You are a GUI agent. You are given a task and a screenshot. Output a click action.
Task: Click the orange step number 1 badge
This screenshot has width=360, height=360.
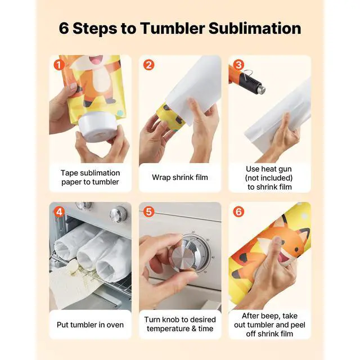[x=59, y=65]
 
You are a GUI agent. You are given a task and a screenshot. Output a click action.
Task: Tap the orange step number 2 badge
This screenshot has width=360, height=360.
[x=148, y=65]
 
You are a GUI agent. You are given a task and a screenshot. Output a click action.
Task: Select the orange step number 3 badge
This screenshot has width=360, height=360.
[x=238, y=65]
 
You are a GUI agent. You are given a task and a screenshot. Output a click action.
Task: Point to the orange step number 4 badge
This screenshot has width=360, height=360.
[x=59, y=211]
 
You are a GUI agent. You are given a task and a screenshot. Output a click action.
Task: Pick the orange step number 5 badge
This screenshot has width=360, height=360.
[x=148, y=211]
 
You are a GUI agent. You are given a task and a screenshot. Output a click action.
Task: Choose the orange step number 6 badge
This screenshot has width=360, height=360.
[x=238, y=211]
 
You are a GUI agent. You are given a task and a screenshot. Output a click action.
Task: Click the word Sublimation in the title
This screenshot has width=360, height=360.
[x=255, y=28]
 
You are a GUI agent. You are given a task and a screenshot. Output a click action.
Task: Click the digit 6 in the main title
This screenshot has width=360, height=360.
[x=64, y=29]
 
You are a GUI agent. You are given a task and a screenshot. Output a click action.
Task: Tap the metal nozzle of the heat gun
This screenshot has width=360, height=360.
[x=261, y=89]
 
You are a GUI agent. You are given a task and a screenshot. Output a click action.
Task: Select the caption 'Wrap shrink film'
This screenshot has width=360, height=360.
[x=180, y=177]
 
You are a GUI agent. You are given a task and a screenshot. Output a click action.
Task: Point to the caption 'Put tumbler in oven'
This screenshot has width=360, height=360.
[x=90, y=325]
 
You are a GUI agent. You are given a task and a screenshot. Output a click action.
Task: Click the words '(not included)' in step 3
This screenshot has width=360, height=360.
[x=269, y=178]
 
